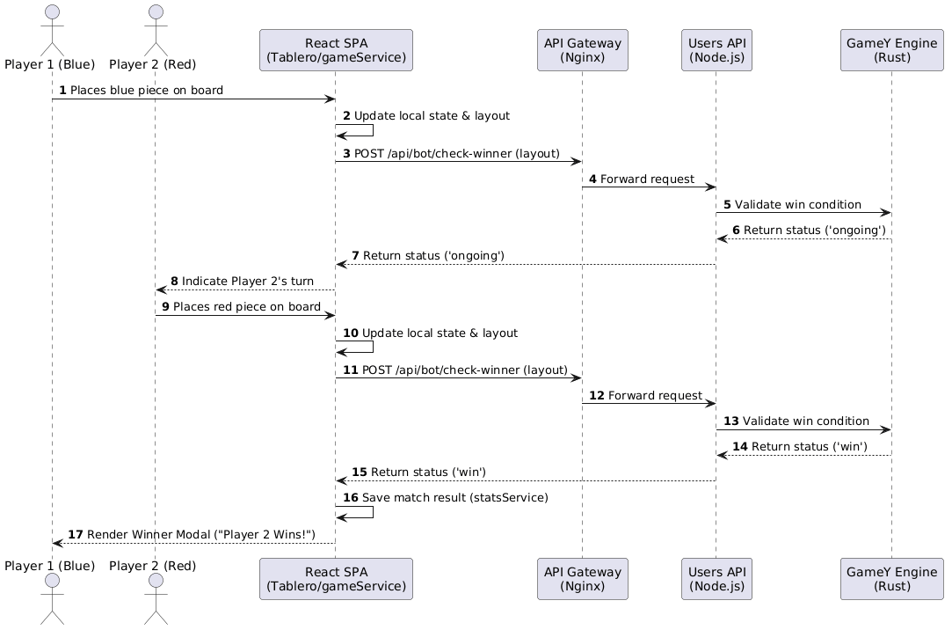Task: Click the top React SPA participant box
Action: tap(336, 50)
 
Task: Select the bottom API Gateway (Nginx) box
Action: tap(583, 578)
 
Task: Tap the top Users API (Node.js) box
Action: tap(716, 50)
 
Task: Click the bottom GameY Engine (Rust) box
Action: tap(891, 578)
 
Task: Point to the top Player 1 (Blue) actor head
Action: tap(52, 12)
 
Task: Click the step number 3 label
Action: tap(346, 154)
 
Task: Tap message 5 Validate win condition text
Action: tap(797, 205)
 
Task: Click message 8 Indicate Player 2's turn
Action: tap(247, 282)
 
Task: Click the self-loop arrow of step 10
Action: tap(372, 348)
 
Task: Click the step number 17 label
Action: tap(75, 535)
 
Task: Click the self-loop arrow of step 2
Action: tap(372, 131)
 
